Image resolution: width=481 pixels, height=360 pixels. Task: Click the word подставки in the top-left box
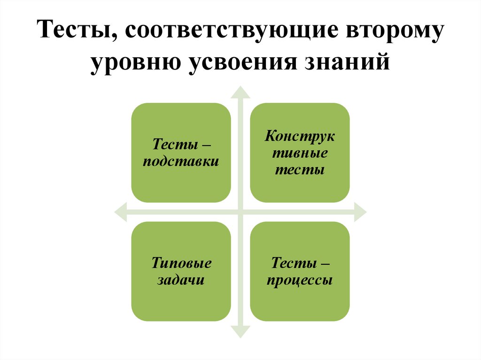point(181,161)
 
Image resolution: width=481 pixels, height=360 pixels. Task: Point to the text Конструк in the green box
point(300,137)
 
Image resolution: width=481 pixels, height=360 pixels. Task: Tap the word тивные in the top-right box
point(300,153)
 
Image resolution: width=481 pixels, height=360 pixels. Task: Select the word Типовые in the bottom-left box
point(181,263)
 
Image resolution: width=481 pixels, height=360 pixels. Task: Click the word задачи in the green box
point(181,280)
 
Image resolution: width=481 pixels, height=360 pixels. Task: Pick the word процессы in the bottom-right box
point(300,280)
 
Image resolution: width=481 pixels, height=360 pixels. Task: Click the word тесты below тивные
point(300,169)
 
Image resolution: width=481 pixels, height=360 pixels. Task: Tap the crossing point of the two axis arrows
point(240,212)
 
